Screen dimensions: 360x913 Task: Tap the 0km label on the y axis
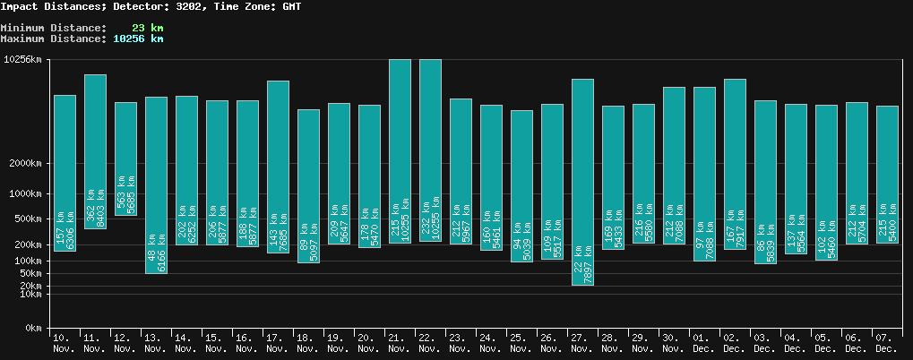tap(33, 329)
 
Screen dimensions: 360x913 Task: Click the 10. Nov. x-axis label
tap(65, 342)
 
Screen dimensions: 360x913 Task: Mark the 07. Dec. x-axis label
tap(886, 342)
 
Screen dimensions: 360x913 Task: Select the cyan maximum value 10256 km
tap(138, 39)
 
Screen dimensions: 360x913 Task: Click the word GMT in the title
tap(290, 6)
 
